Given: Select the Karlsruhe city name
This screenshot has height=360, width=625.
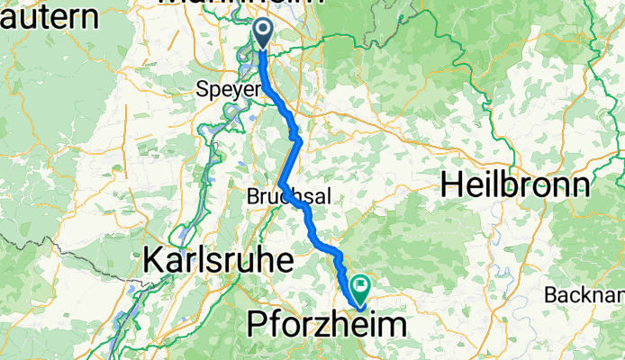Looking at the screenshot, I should point(219,261).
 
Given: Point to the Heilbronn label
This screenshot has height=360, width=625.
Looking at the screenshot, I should point(516,185).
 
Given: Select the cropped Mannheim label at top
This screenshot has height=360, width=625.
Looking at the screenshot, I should point(240,4).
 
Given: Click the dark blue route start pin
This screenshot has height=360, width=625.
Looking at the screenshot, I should point(262,33).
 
